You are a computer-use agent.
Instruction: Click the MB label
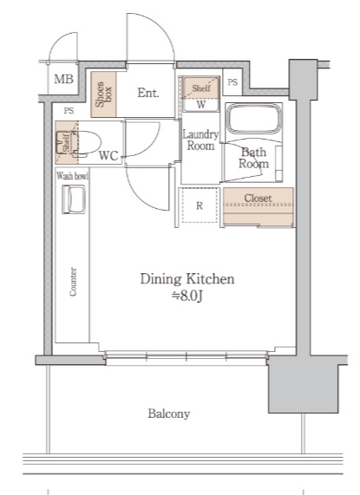coord(64,79)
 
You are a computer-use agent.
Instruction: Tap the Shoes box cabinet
coord(103,94)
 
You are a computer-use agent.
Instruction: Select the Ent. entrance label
coord(148,93)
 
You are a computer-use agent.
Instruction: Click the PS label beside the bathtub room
coord(232,82)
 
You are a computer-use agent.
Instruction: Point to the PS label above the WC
coord(69,111)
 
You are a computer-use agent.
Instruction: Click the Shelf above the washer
coord(201,88)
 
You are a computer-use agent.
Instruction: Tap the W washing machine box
coord(201,105)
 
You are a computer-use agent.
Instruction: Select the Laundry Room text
coord(200,140)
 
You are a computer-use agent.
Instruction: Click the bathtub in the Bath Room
coord(254,119)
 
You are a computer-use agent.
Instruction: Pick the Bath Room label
coord(253,158)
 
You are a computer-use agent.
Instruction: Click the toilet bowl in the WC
coord(87,143)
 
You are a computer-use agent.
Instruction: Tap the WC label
coord(108,156)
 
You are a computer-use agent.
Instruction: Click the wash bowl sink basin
coord(74,199)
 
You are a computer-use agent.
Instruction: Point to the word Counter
coord(73,282)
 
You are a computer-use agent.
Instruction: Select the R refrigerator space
coord(200,205)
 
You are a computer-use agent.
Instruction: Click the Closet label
coord(258,198)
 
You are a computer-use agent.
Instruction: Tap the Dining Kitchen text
coord(187,279)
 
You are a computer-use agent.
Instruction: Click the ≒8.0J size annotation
coord(187,296)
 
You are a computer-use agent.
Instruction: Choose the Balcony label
coord(169,414)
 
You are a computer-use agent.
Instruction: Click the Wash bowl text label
coord(72,176)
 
